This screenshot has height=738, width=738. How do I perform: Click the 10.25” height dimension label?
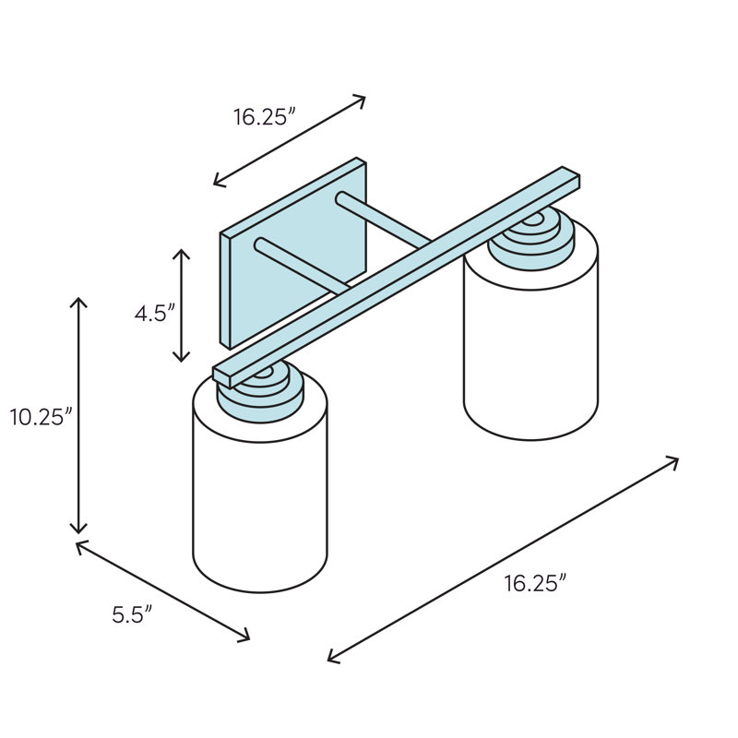pyautogui.click(x=42, y=417)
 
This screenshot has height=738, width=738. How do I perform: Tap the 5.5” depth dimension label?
pyautogui.click(x=132, y=614)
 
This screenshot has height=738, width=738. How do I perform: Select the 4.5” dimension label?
pyautogui.click(x=155, y=313)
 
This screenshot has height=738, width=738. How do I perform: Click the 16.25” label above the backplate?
pyautogui.click(x=265, y=117)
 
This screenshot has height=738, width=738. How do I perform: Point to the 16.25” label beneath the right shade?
pyautogui.click(x=536, y=584)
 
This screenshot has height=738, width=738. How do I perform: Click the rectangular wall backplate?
pyautogui.click(x=292, y=255)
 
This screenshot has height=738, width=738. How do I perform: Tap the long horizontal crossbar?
pyautogui.click(x=397, y=278)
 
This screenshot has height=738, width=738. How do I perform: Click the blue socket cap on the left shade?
pyautogui.click(x=260, y=393)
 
